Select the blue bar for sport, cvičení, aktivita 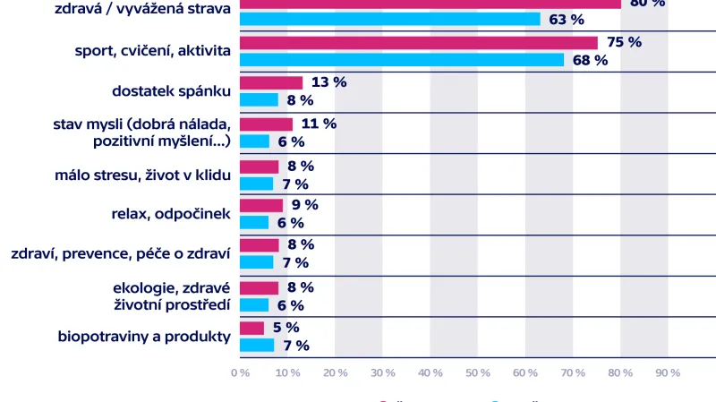point(402,60)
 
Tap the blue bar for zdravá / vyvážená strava point(390,19)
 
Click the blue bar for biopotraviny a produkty point(257,346)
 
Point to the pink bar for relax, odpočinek point(261,206)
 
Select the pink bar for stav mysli point(266,124)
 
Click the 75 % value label point(624,42)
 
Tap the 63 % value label point(566,19)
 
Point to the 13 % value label point(328,82)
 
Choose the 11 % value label point(319,124)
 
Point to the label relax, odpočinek point(171,215)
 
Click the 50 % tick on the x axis point(477,372)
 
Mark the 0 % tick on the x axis point(239,372)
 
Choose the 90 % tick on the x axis point(668,372)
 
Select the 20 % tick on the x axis point(334,372)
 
